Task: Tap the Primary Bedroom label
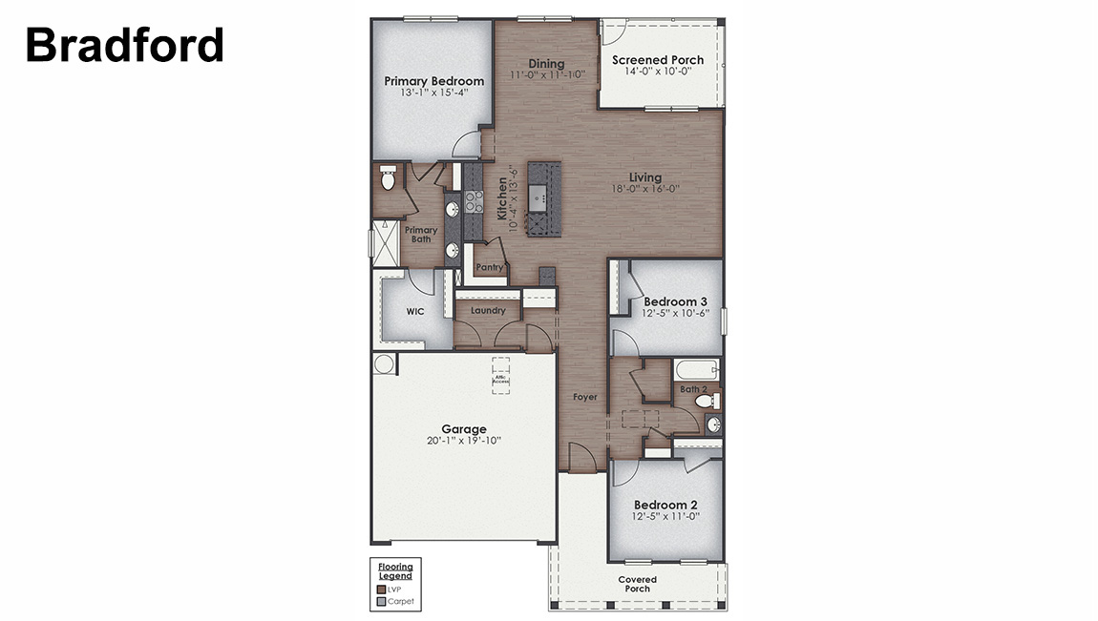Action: pyautogui.click(x=433, y=81)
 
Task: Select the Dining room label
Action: pyautogui.click(x=546, y=64)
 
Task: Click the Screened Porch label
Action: pyautogui.click(x=658, y=60)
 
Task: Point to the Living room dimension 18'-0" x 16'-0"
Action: pyautogui.click(x=644, y=189)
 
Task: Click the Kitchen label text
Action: pyautogui.click(x=502, y=199)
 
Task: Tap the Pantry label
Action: pyautogui.click(x=489, y=268)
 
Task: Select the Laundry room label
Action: pyautogui.click(x=488, y=310)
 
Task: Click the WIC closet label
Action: pyautogui.click(x=415, y=311)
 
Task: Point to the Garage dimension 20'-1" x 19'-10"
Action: pyautogui.click(x=464, y=441)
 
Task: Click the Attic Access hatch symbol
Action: pyautogui.click(x=501, y=374)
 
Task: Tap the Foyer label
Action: pyautogui.click(x=584, y=396)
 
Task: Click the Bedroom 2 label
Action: pyautogui.click(x=665, y=505)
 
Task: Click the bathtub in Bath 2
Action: pyautogui.click(x=697, y=369)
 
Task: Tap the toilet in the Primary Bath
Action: pyautogui.click(x=388, y=178)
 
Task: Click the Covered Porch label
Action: pyautogui.click(x=637, y=584)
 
